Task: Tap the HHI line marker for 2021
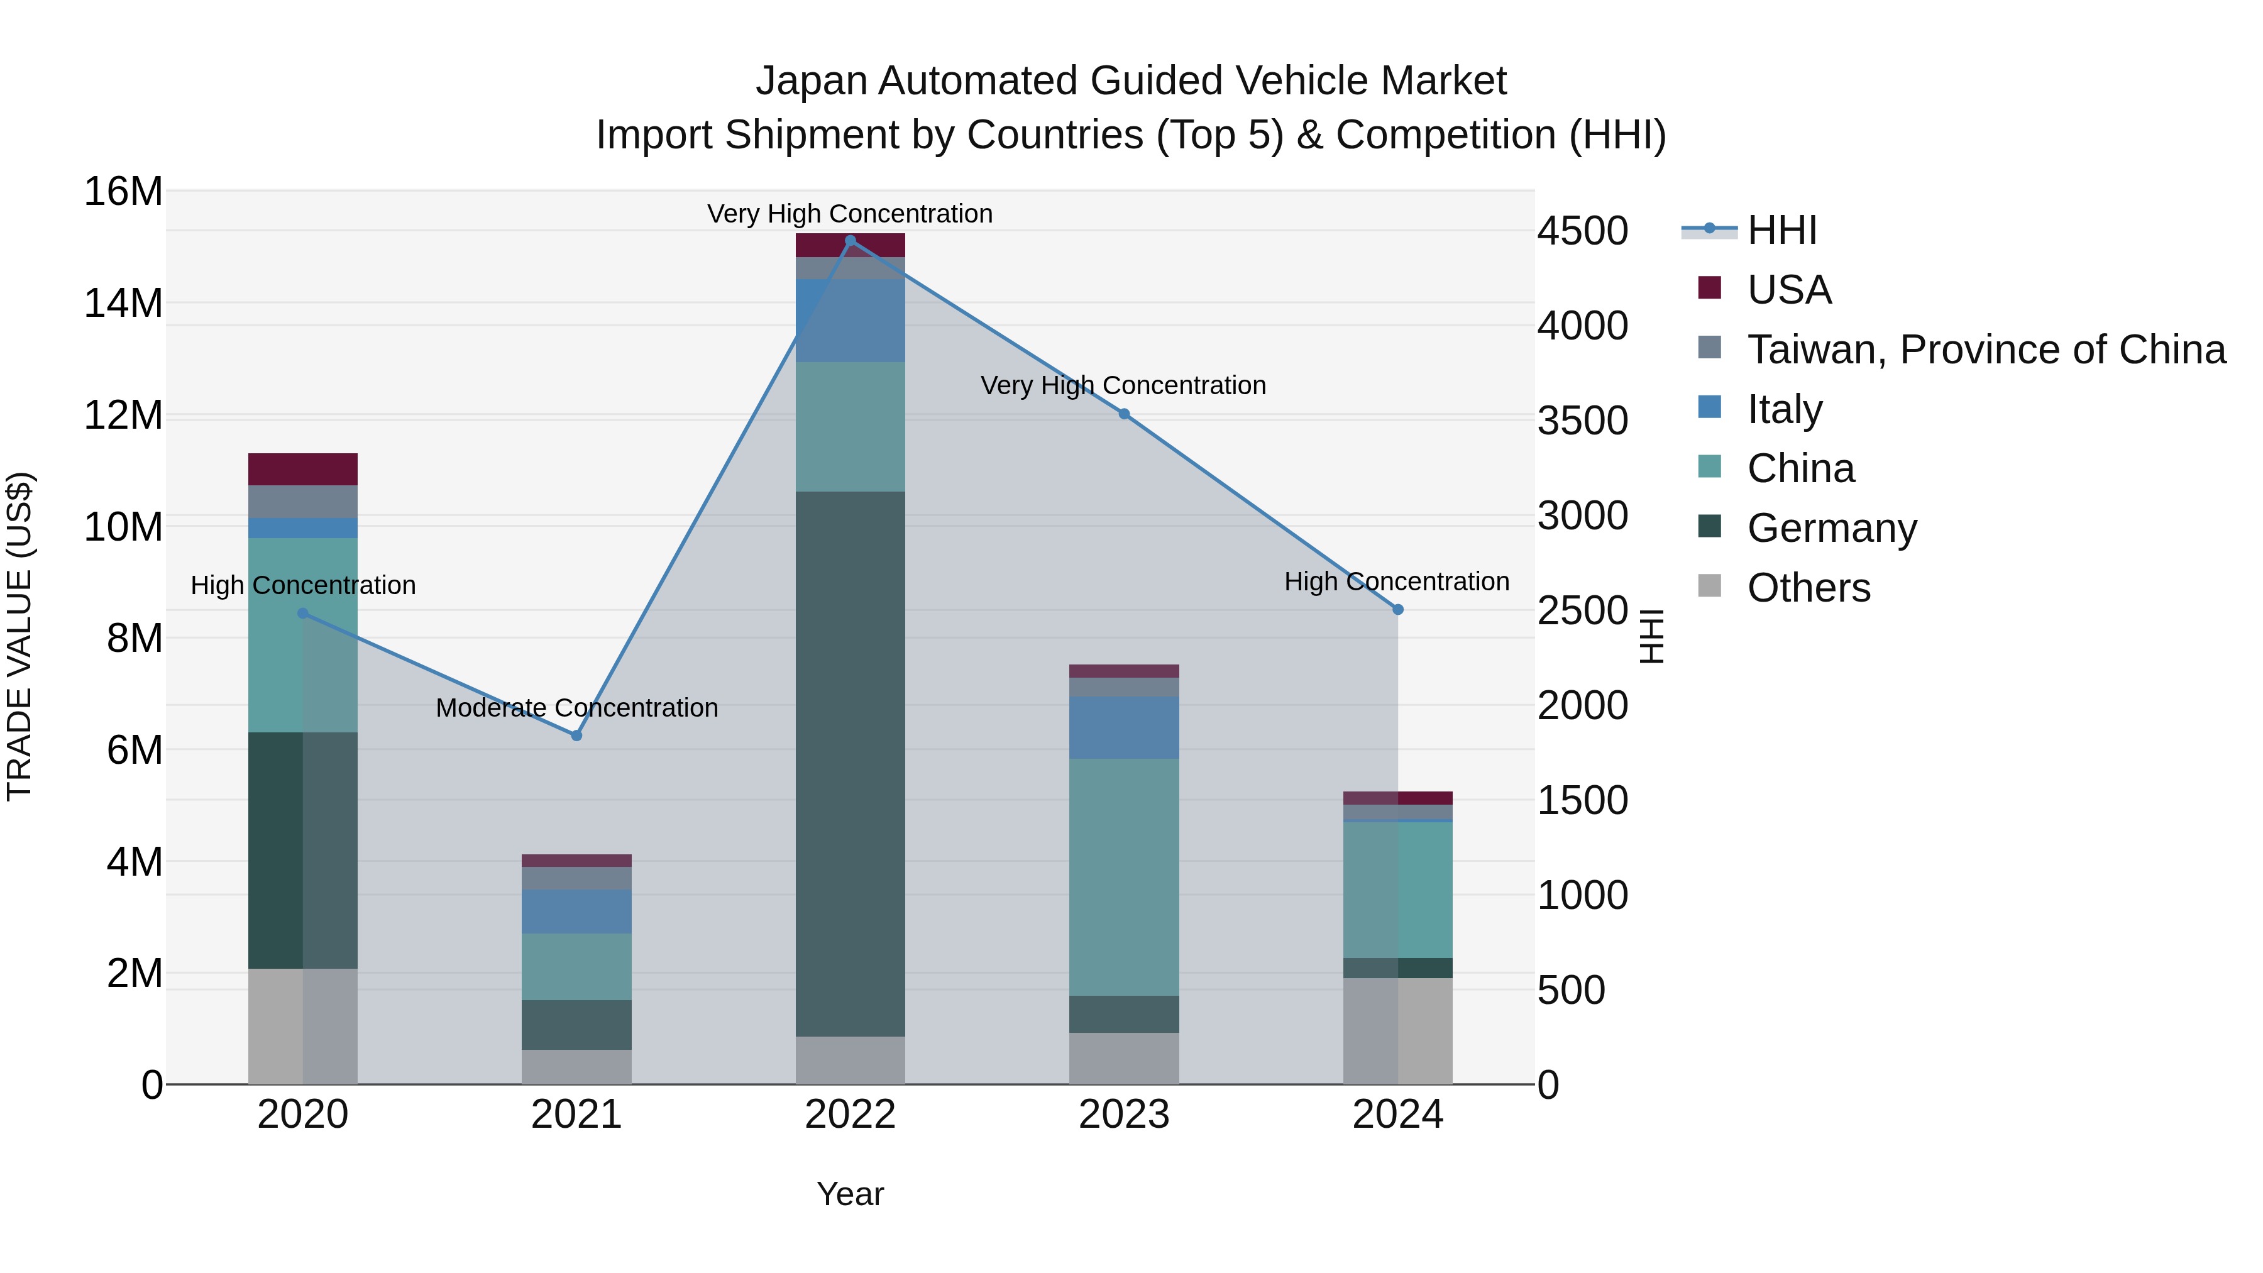[x=576, y=736]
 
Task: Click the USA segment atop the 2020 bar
[x=302, y=469]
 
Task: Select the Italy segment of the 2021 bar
[x=576, y=911]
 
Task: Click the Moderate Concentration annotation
[x=576, y=708]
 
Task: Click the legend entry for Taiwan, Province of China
[x=1985, y=350]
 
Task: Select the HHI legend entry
[x=1781, y=230]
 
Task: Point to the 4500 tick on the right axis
[x=1582, y=231]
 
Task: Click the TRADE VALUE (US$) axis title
[x=19, y=636]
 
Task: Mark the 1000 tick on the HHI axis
[x=1582, y=895]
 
